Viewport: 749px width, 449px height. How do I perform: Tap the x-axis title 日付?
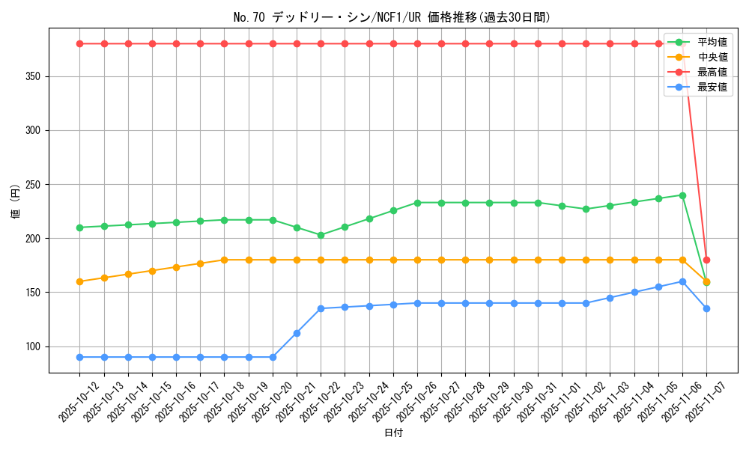pos(393,433)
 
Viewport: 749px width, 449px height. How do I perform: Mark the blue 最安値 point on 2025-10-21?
pos(297,333)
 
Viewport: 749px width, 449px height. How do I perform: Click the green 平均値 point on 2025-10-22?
pos(321,235)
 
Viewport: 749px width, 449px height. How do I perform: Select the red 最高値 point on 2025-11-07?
pos(706,260)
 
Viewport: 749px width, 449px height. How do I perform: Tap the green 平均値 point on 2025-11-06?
pos(682,195)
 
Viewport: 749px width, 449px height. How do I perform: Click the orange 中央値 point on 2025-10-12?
pos(79,281)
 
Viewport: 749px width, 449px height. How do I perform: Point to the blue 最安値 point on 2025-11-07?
pos(706,308)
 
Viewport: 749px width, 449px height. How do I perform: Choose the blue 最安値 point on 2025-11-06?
pos(682,281)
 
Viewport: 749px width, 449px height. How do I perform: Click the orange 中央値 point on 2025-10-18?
pos(224,260)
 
